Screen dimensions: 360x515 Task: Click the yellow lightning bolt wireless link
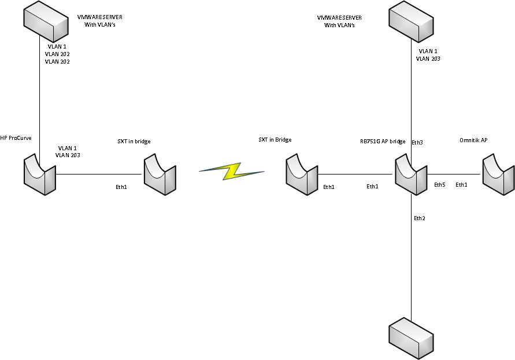coord(231,170)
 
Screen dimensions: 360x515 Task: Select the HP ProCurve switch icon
coord(40,173)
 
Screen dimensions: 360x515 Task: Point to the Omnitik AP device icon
coord(498,173)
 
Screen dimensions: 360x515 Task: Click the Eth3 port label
coord(417,142)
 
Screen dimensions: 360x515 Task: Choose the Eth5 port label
coord(440,185)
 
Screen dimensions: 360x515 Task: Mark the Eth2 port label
coord(419,218)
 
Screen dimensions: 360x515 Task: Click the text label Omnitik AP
coord(473,140)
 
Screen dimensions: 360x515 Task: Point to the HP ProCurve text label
coord(16,138)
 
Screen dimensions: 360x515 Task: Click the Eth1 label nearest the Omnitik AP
coord(461,184)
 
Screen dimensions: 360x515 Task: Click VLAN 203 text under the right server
coord(428,58)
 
